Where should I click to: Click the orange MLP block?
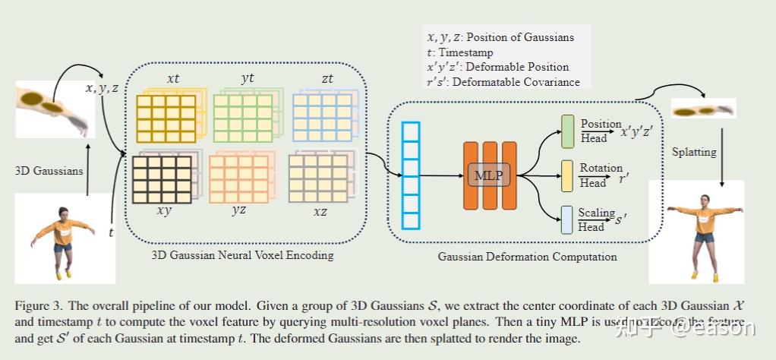[489, 175]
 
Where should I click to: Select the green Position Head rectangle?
[567, 131]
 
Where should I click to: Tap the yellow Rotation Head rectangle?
[567, 175]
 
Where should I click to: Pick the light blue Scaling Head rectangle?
[567, 219]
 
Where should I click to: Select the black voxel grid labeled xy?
[162, 178]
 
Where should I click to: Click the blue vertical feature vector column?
[411, 175]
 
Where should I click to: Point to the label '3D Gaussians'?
[49, 170]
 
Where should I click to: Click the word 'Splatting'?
[694, 152]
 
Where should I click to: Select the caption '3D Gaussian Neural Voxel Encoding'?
[243, 255]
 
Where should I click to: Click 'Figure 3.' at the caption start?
[38, 305]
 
